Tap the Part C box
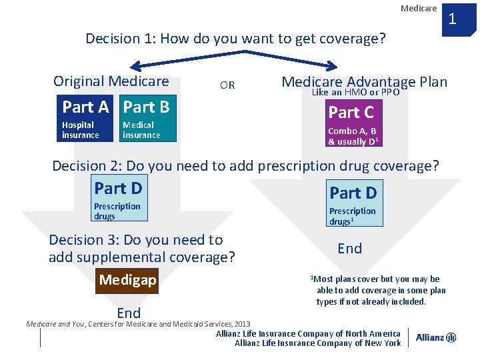click(354, 124)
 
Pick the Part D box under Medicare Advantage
click(354, 203)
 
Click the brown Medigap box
click(127, 280)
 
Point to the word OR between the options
click(227, 85)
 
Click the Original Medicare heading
click(111, 81)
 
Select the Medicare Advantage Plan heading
click(364, 81)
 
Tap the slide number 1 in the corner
click(452, 18)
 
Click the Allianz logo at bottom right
click(436, 338)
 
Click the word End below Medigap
click(129, 313)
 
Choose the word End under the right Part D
click(350, 249)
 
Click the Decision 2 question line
click(245, 165)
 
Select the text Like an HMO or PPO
click(355, 93)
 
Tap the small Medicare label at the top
click(419, 8)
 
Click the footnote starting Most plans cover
click(377, 290)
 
